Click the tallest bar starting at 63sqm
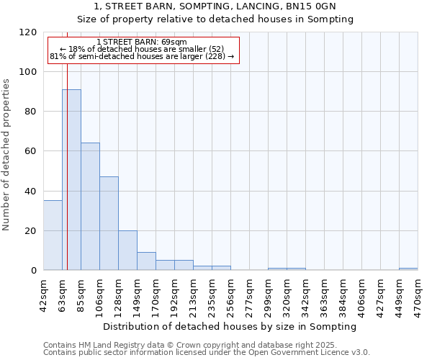71,180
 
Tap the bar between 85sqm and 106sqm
90,207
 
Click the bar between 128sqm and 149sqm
127,251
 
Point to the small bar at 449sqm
408,269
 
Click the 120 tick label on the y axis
28,32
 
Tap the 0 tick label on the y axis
34,271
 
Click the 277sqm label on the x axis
249,293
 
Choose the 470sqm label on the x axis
418,293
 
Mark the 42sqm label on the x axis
43,293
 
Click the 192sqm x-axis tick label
174,293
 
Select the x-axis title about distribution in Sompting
230,327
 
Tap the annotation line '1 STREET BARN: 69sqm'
142,42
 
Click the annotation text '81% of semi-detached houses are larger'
142,56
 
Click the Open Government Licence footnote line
207,353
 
